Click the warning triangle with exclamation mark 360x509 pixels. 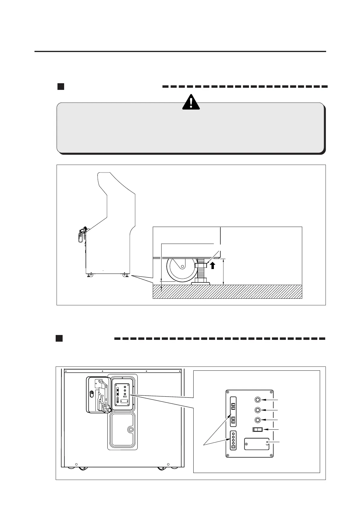191,102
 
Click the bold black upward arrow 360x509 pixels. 213,265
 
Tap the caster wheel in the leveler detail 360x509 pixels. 182,269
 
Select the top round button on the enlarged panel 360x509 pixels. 257,400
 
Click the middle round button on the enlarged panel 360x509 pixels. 257,410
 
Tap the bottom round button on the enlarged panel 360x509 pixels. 257,420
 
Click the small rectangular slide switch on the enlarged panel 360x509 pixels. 257,430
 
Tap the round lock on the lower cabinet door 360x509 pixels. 131,429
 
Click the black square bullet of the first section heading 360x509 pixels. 61,87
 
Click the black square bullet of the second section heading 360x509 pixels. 59,338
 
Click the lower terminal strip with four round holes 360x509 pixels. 233,440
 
